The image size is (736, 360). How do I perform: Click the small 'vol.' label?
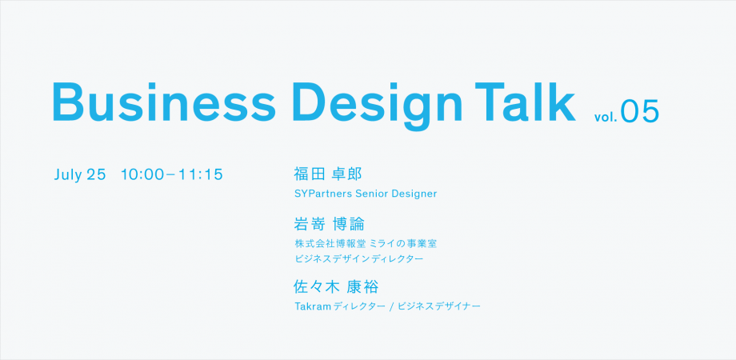coord(605,117)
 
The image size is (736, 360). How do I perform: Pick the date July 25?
coord(80,174)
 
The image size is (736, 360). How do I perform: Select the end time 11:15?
coord(200,174)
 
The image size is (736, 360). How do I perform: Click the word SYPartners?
coord(321,194)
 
